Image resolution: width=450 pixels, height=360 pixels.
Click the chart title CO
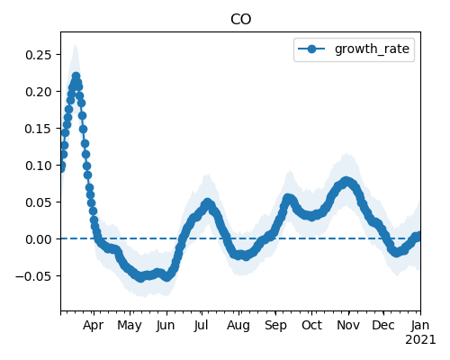[x=240, y=20]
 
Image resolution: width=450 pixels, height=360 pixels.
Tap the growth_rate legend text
[x=372, y=49]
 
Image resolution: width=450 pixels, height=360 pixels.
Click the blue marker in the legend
[x=311, y=49]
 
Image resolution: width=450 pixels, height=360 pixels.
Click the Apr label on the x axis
[x=94, y=326]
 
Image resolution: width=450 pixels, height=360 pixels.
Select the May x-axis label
[x=130, y=326]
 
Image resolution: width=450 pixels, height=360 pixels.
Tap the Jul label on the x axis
[x=202, y=325]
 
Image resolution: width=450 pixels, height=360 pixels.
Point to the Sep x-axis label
[x=275, y=326]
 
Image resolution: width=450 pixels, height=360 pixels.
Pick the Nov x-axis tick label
[x=348, y=325]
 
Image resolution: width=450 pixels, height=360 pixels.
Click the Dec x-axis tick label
[x=383, y=325]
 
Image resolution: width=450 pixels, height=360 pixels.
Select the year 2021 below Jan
[x=420, y=340]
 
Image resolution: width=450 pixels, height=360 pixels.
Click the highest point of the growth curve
[x=76, y=76]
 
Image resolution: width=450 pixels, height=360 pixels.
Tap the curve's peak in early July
[x=207, y=202]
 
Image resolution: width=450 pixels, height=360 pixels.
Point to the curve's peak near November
[x=346, y=181]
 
